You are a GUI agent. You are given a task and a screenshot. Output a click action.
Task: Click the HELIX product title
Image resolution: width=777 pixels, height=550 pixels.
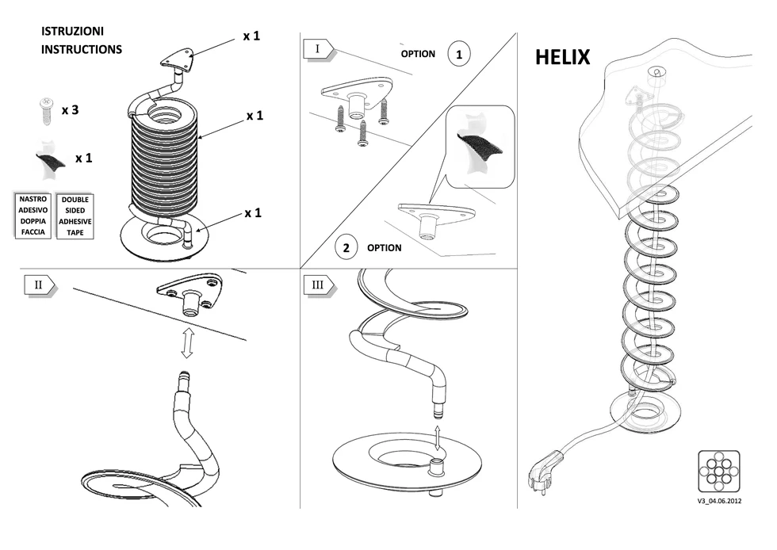pos(563,57)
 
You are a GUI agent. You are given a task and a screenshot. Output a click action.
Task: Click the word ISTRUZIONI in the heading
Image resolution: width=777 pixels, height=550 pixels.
pos(72,31)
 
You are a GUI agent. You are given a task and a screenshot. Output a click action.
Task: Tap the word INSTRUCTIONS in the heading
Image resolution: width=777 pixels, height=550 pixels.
pos(81,49)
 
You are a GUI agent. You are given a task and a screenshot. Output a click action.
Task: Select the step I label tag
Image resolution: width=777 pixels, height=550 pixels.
pos(319,49)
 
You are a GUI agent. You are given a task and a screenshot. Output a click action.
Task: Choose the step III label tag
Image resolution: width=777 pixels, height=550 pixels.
pos(320,285)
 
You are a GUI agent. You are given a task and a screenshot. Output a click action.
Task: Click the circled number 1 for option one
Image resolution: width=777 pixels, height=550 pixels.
pos(459,54)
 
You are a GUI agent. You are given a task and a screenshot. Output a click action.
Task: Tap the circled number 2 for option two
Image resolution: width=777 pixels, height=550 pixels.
pos(346,247)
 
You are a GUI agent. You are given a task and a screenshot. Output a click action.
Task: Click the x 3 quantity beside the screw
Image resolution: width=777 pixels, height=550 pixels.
pos(70,110)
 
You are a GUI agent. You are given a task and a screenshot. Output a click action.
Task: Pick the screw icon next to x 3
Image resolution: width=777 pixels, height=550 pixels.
pos(46,110)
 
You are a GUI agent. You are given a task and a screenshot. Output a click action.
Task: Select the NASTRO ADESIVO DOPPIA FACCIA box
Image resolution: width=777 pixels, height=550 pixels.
pos(33,215)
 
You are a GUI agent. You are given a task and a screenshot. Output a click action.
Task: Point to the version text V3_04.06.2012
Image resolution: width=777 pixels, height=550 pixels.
pos(718,501)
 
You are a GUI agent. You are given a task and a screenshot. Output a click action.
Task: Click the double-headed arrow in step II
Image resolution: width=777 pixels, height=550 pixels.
pos(187,343)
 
